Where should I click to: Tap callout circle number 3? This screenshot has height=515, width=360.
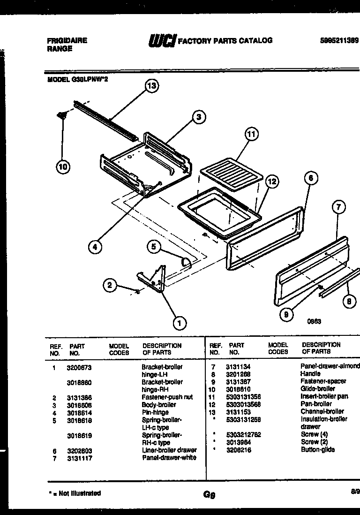199,117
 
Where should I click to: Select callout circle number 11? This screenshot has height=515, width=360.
252,134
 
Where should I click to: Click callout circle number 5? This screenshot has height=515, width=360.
153,246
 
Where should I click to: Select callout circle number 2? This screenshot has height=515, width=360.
110,285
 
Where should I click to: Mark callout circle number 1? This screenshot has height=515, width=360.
179,322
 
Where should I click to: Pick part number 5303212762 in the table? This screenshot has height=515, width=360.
245,434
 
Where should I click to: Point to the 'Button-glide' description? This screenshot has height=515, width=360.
318,449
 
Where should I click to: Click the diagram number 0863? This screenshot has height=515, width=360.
314,322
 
